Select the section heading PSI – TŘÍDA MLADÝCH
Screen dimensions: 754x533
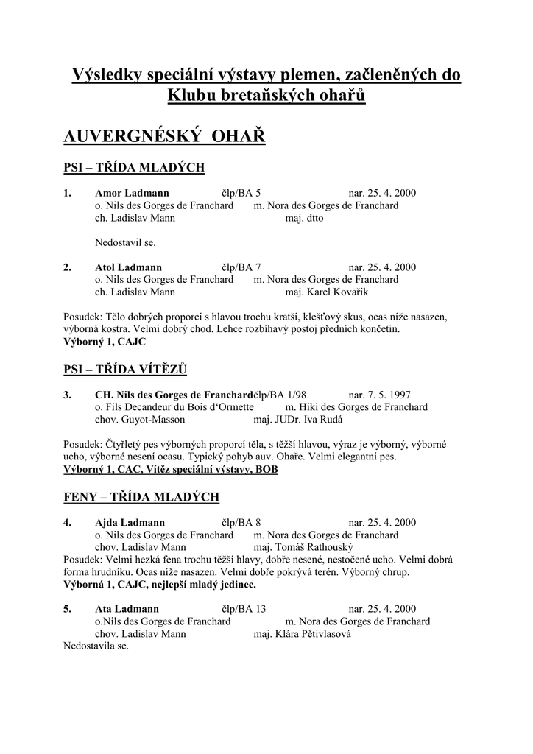tap(134, 168)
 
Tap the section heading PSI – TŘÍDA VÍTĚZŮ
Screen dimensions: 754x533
tap(131, 369)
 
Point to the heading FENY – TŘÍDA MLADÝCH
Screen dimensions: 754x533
tap(141, 497)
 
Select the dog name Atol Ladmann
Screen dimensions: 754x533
tap(129, 267)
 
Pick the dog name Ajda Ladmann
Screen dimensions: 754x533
tap(130, 523)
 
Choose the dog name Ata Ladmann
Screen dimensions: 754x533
tap(127, 609)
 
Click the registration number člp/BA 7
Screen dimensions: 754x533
tap(241, 267)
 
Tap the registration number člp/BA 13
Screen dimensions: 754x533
tap(244, 609)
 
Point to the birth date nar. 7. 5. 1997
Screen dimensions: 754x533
tap(384, 395)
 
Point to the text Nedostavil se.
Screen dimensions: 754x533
tap(125, 242)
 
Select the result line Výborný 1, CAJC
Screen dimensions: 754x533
tap(105, 342)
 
